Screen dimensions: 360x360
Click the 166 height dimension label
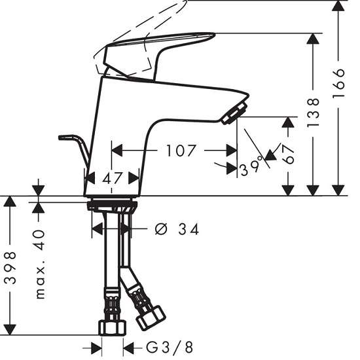point(339,82)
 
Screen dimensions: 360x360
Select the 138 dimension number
point(313,113)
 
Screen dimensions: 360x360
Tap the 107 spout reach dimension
point(181,151)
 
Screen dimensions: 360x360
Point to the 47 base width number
point(112,179)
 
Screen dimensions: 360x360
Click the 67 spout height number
point(288,154)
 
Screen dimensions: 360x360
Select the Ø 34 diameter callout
point(177,229)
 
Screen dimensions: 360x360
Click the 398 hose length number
point(10,268)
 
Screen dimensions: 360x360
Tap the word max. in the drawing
point(41,279)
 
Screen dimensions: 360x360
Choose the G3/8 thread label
point(170,348)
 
